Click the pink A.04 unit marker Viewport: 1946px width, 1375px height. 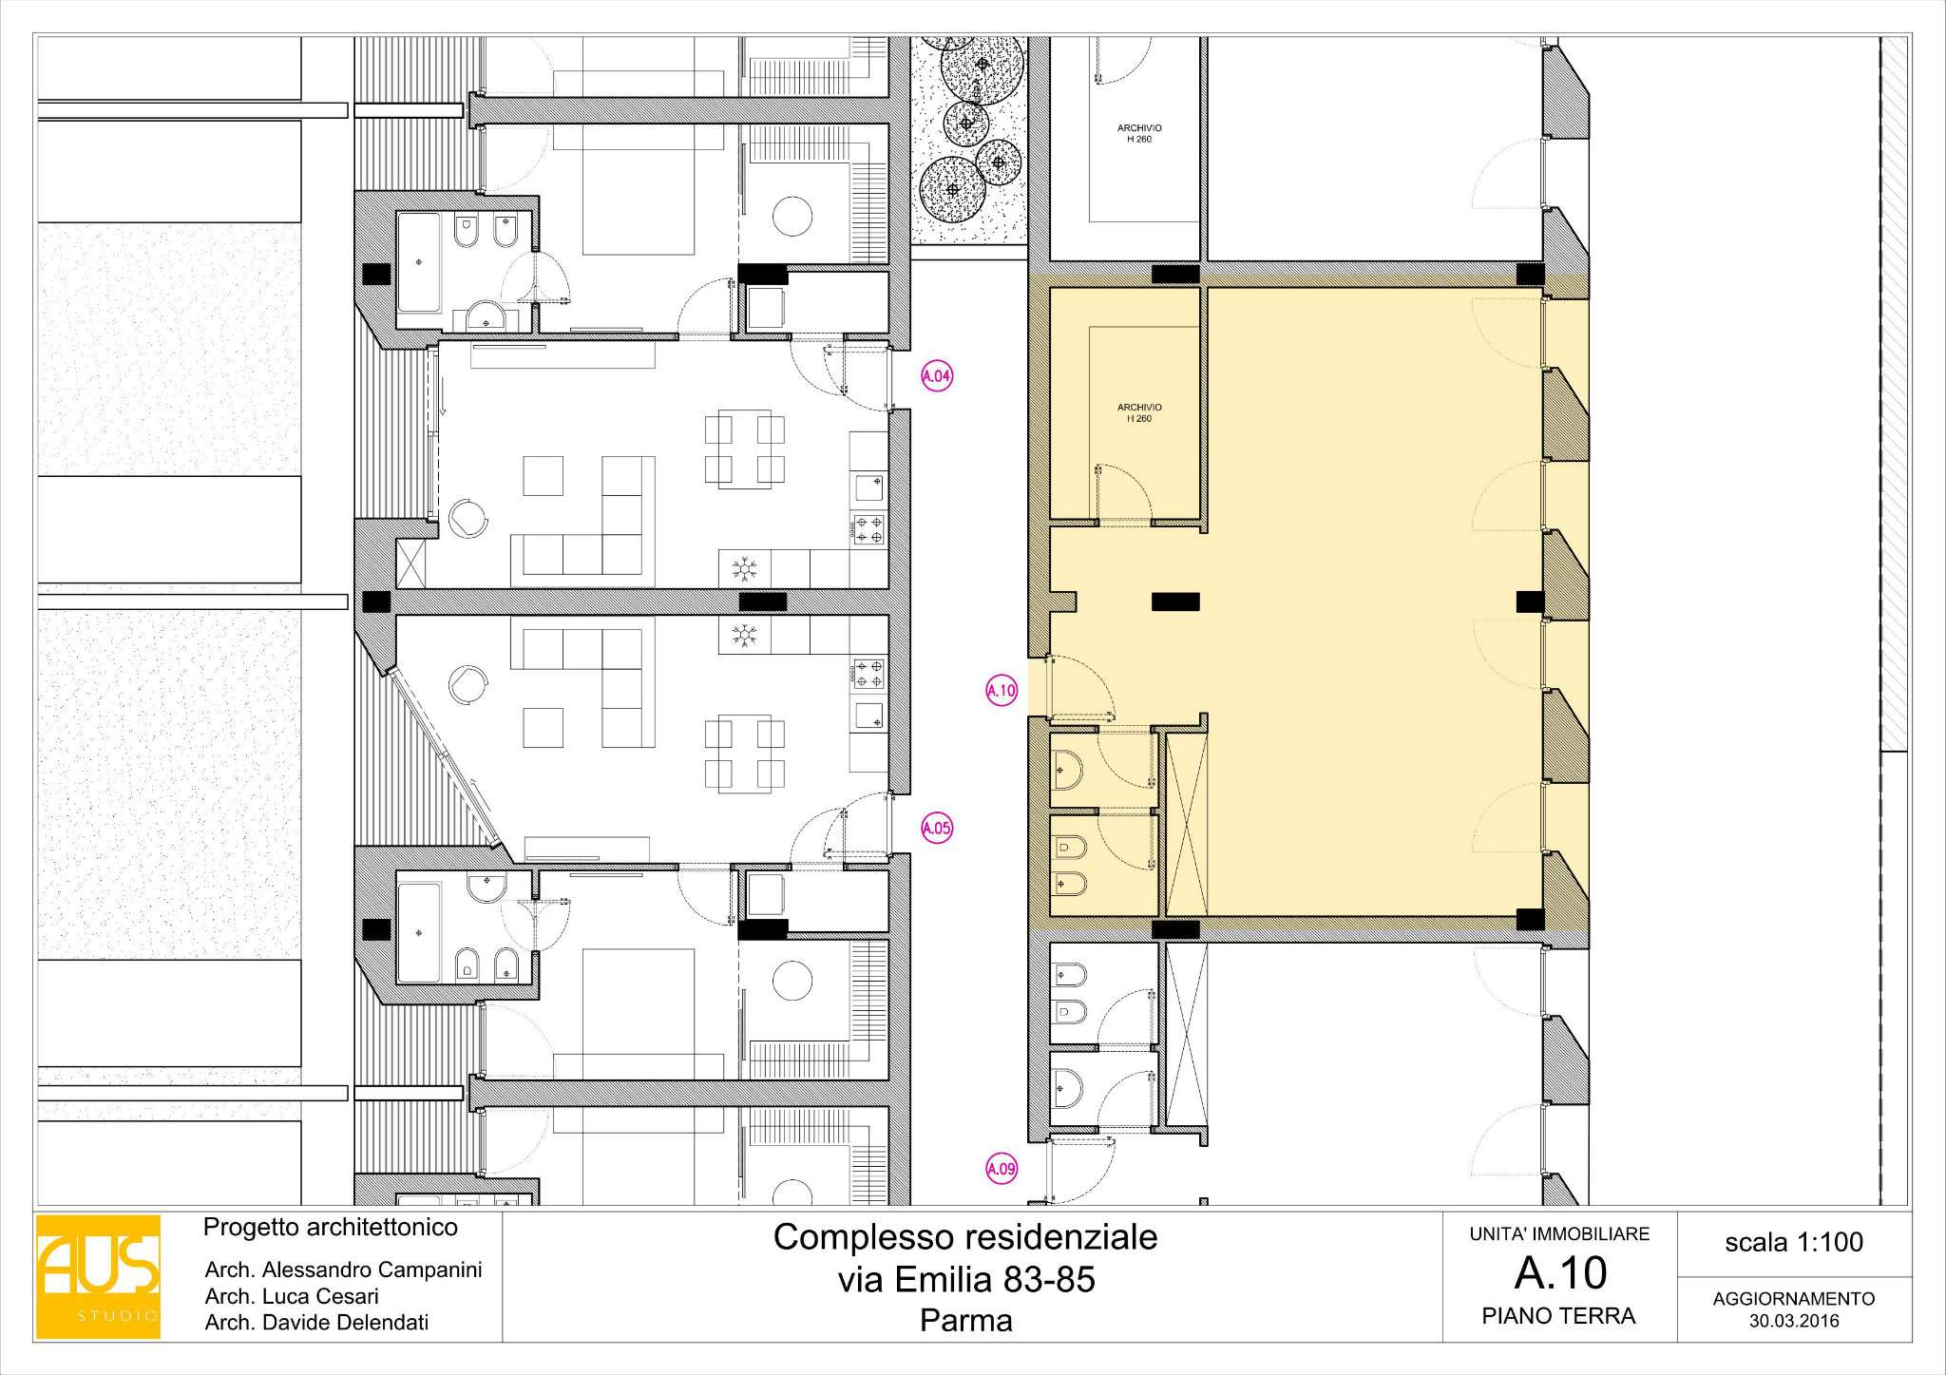tap(937, 376)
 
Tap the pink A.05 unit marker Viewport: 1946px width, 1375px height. tap(937, 828)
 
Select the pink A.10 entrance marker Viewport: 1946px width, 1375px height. tap(1002, 691)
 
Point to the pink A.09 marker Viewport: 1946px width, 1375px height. tap(1002, 1169)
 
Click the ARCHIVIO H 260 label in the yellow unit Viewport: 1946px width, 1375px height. tap(1139, 412)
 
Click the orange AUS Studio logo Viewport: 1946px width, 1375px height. tap(98, 1276)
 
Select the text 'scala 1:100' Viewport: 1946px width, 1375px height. tap(1794, 1242)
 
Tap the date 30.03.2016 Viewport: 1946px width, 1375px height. tap(1794, 1321)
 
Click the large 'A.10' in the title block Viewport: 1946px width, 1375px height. tap(1560, 1273)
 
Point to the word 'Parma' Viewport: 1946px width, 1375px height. tap(966, 1320)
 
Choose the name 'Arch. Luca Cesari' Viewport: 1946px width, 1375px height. tap(292, 1296)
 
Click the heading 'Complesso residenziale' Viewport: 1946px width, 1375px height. tap(965, 1237)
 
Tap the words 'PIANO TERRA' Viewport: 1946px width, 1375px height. tap(1558, 1316)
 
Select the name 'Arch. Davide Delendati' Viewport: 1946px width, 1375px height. tap(316, 1322)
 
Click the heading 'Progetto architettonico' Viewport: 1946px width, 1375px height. tap(331, 1228)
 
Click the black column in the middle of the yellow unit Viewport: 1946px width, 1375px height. tap(1175, 602)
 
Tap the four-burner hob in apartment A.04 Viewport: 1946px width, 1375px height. tap(868, 529)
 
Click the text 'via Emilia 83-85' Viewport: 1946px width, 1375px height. tap(966, 1280)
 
